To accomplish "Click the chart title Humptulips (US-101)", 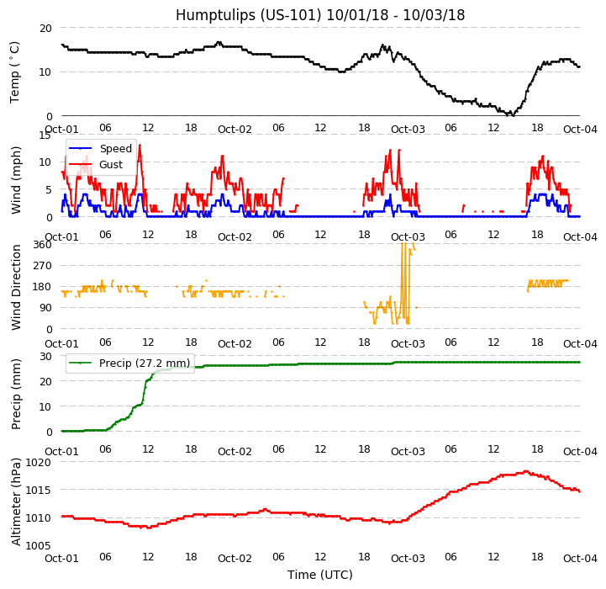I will pyautogui.click(x=320, y=15).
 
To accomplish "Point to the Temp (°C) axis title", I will pyautogui.click(x=15, y=72).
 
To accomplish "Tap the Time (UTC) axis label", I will pyautogui.click(x=320, y=575).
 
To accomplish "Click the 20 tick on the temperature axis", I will pyautogui.click(x=45, y=28).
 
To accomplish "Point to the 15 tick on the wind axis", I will pyautogui.click(x=45, y=135).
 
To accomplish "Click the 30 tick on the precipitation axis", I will pyautogui.click(x=45, y=356).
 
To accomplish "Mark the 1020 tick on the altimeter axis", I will pyautogui.click(x=39, y=462).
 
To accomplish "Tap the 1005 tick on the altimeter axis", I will pyautogui.click(x=39, y=545).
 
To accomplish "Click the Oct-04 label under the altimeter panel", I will pyautogui.click(x=579, y=558).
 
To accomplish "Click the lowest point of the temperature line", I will pyautogui.click(x=513, y=114).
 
